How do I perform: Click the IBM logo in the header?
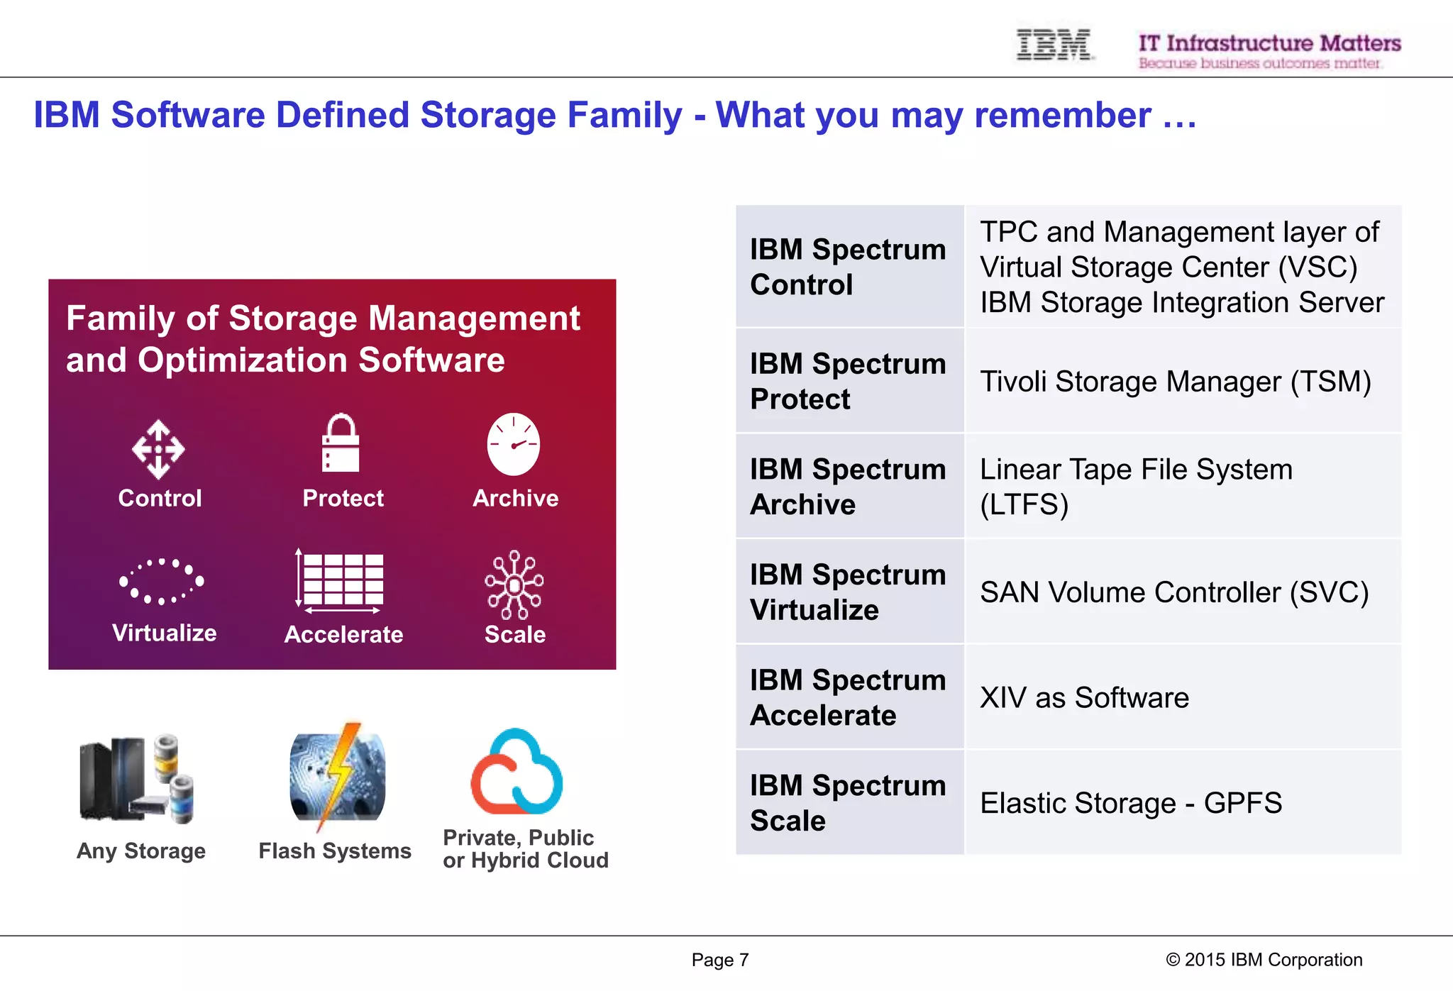1054,45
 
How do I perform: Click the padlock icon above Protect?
341,443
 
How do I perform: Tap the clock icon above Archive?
513,445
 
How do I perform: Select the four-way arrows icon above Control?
158,449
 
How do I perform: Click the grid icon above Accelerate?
342,580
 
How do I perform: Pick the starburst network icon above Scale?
514,585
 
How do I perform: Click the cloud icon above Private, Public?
517,773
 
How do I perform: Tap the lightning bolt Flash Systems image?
338,777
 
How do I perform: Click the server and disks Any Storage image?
137,779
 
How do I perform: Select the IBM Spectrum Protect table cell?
849,381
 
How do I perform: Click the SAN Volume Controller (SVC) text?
1174,592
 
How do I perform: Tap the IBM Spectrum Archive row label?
849,487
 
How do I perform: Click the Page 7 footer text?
719,960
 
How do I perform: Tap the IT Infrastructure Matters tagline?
1269,44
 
